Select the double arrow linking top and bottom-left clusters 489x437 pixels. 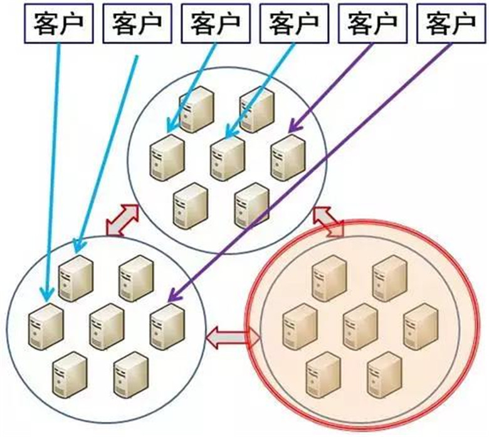(121, 221)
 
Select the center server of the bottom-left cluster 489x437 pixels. (107, 322)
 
